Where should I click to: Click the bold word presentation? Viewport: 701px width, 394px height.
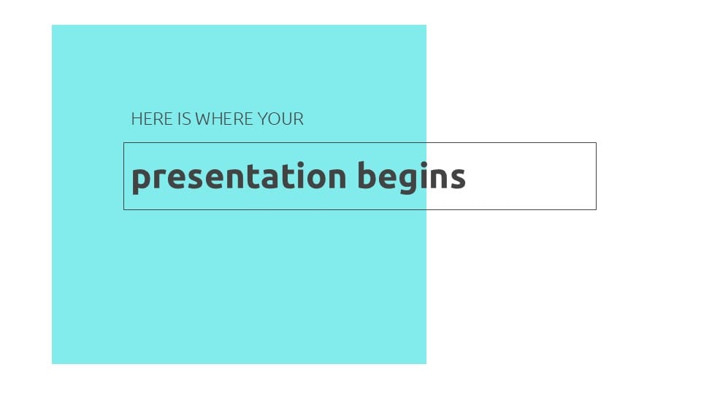(x=239, y=177)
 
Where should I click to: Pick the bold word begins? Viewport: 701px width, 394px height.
(x=411, y=177)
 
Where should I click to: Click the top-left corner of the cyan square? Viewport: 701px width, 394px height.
(x=52, y=25)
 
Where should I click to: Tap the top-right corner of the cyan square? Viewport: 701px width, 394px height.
(x=426, y=25)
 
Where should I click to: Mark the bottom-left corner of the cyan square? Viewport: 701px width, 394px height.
(x=52, y=363)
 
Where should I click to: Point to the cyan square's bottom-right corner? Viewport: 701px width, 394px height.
(x=426, y=363)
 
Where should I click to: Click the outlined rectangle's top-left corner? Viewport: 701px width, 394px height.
(x=124, y=143)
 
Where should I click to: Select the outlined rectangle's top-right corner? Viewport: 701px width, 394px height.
(x=596, y=143)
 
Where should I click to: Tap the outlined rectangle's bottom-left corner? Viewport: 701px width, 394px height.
(x=124, y=209)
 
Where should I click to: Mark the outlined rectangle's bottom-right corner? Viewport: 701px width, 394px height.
(x=596, y=209)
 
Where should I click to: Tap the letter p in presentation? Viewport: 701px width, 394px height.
(x=139, y=179)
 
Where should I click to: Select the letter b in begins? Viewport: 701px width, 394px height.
(x=367, y=176)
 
